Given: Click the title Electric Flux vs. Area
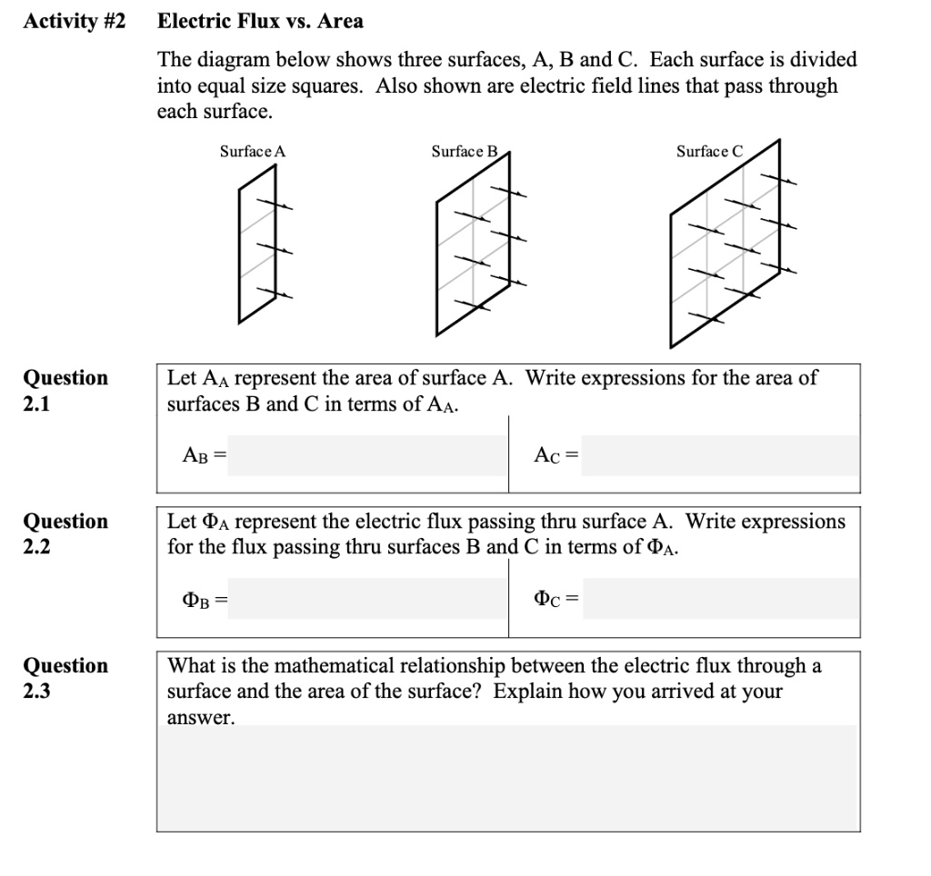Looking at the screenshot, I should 260,21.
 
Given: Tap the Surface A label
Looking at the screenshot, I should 253,152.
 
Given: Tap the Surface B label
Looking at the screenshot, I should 465,152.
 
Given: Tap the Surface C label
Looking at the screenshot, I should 709,152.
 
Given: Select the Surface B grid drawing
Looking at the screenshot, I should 473,245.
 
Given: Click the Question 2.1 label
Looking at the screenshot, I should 65,390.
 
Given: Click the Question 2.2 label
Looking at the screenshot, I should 65,533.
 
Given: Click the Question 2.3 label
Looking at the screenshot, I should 65,678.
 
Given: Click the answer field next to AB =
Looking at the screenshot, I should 366,455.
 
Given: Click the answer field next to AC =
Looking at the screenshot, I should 719,455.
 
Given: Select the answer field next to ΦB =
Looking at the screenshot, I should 366,599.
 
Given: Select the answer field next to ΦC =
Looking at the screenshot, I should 719,599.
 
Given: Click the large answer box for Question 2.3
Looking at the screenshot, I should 508,777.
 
